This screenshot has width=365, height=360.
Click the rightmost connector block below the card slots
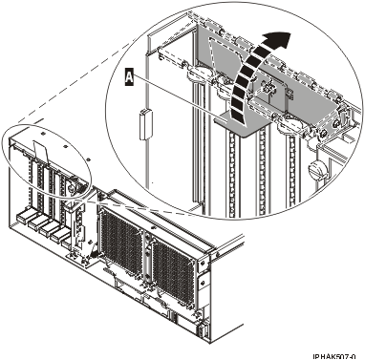[x=64, y=239]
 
